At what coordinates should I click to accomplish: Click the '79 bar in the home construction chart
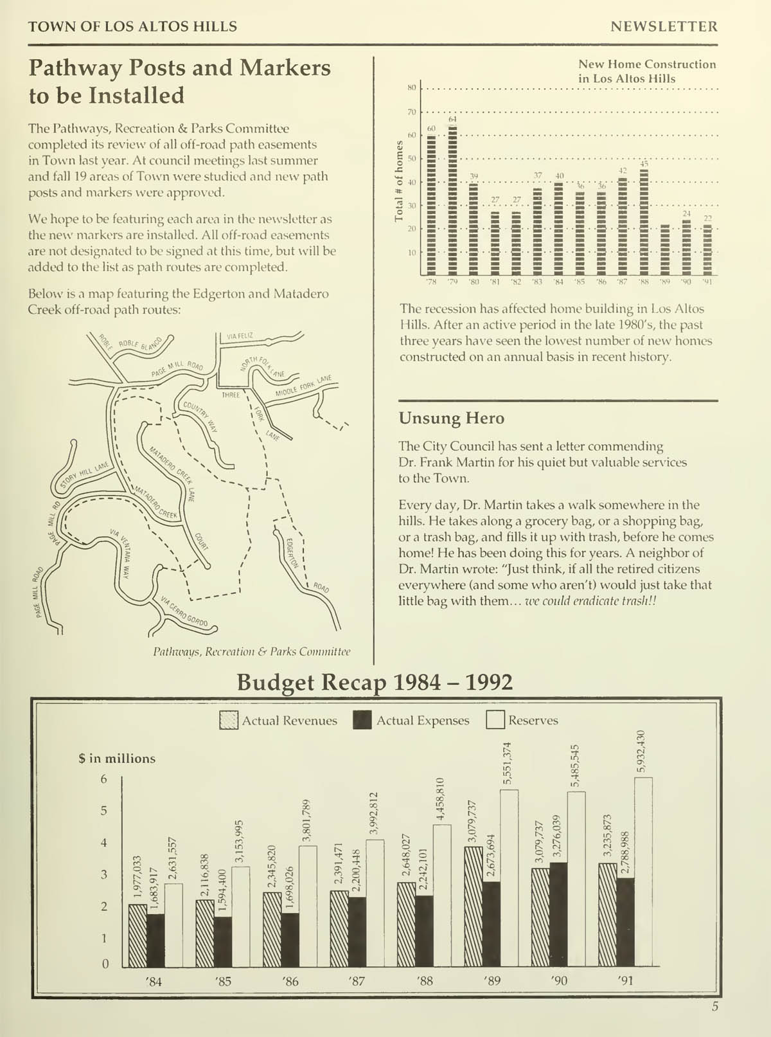click(x=452, y=199)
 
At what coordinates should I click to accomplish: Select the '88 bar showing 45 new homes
click(x=644, y=222)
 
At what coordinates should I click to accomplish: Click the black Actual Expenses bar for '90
click(x=559, y=915)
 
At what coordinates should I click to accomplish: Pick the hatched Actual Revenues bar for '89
click(x=474, y=906)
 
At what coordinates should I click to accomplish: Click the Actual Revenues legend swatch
click(x=229, y=721)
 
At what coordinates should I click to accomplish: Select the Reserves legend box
click(x=495, y=721)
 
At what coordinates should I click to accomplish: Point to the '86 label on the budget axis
click(x=290, y=981)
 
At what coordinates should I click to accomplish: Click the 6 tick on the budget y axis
click(x=104, y=779)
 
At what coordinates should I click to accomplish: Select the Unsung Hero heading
click(x=451, y=419)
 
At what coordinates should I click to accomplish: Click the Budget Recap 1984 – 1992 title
click(x=375, y=682)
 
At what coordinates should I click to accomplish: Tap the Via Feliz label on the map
click(x=240, y=336)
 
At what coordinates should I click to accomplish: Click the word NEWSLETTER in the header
click(x=664, y=27)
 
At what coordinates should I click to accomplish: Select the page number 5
click(x=714, y=1007)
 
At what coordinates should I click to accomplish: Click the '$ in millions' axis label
click(x=117, y=759)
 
